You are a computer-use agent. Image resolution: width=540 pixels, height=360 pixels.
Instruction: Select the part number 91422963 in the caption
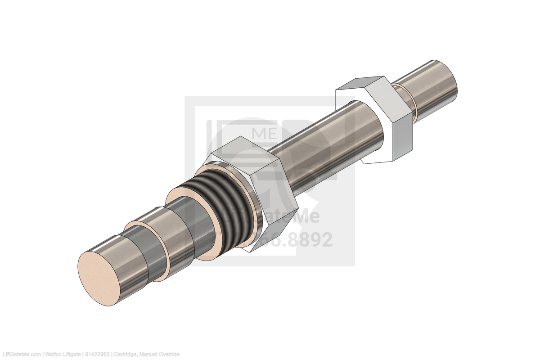click(x=98, y=355)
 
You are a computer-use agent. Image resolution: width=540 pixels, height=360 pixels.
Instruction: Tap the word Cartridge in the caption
click(x=126, y=355)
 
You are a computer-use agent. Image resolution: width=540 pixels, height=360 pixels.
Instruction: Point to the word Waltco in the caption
click(x=54, y=355)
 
